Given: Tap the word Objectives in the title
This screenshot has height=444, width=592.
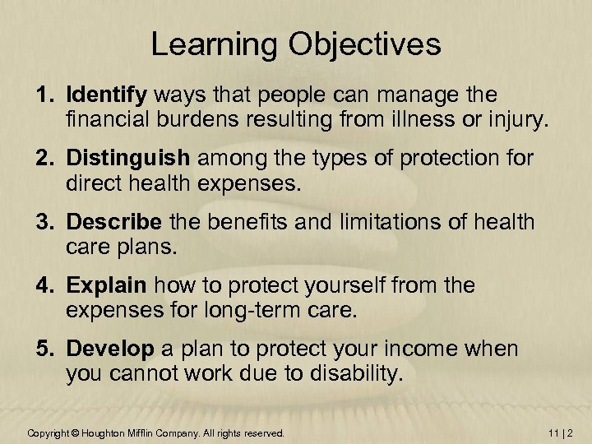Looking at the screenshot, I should [365, 44].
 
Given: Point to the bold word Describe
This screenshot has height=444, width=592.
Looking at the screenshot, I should [114, 222].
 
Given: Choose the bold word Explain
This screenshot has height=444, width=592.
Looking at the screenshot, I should [107, 285].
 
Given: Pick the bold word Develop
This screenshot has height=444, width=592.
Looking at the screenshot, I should [110, 349].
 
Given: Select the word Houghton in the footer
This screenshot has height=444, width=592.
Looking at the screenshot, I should [103, 432].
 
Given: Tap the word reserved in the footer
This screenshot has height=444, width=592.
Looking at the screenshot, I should [263, 432].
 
